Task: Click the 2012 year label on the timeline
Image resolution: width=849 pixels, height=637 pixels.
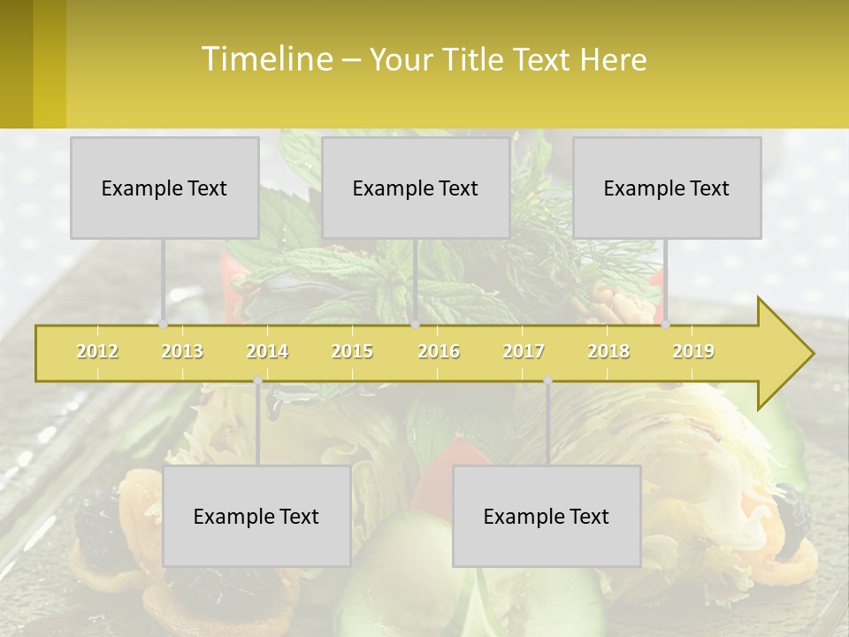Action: pyautogui.click(x=97, y=351)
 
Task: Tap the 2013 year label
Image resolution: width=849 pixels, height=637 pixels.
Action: pyautogui.click(x=182, y=351)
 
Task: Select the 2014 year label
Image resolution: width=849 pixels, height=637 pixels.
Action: pyautogui.click(x=267, y=351)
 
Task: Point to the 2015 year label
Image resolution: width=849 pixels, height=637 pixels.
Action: pyautogui.click(x=352, y=351)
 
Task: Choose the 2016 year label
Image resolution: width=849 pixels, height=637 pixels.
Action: pyautogui.click(x=439, y=351)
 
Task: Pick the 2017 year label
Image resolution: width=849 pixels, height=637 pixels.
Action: pyautogui.click(x=524, y=351)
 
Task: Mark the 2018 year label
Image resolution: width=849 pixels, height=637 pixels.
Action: pyautogui.click(x=608, y=351)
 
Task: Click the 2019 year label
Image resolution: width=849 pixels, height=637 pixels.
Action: pyautogui.click(x=693, y=351)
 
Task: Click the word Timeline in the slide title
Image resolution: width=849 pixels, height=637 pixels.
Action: pyautogui.click(x=265, y=59)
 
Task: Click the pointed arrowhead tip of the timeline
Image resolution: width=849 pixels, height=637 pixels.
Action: pyautogui.click(x=811, y=354)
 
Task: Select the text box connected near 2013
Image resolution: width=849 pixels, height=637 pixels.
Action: pyautogui.click(x=164, y=188)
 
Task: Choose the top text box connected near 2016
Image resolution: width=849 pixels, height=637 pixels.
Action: pyautogui.click(x=416, y=188)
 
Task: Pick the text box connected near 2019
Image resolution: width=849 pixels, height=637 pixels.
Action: pyautogui.click(x=667, y=188)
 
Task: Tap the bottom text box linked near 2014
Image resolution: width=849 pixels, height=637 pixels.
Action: pyautogui.click(x=256, y=516)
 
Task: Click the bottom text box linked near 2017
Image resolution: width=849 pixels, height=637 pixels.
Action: pyautogui.click(x=547, y=516)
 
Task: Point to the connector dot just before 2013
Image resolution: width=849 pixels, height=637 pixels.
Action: pyautogui.click(x=164, y=325)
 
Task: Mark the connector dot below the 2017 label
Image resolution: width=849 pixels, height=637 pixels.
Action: pyautogui.click(x=547, y=380)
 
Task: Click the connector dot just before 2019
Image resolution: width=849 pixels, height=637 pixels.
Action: pyautogui.click(x=666, y=325)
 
